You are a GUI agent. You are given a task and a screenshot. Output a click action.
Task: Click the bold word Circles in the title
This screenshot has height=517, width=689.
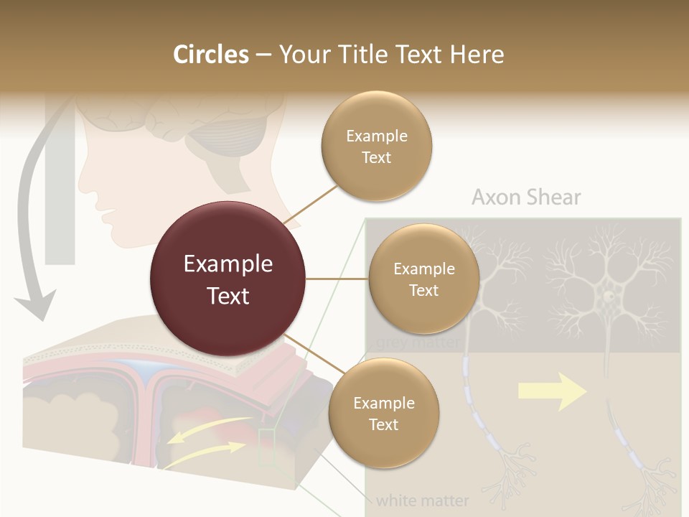pos(211,55)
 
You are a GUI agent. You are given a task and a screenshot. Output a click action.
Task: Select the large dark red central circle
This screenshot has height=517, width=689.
pos(228,279)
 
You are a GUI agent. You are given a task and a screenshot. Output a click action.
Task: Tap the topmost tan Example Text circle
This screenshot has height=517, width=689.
pos(376,146)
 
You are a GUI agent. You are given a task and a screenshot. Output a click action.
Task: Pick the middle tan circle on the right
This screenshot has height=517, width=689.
pos(423,279)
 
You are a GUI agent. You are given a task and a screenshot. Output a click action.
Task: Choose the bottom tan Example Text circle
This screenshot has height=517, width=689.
pos(383,414)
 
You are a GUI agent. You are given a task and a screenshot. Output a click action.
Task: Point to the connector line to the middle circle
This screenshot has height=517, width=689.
pos(337,279)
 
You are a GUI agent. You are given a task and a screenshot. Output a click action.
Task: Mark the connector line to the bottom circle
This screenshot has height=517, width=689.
pos(308,351)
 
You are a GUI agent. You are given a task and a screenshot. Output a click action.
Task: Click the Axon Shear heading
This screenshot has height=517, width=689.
pos(526,197)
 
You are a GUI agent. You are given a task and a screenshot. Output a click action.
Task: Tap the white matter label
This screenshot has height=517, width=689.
pos(422,500)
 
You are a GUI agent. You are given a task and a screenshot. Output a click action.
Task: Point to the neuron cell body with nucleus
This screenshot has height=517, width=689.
pos(608,295)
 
